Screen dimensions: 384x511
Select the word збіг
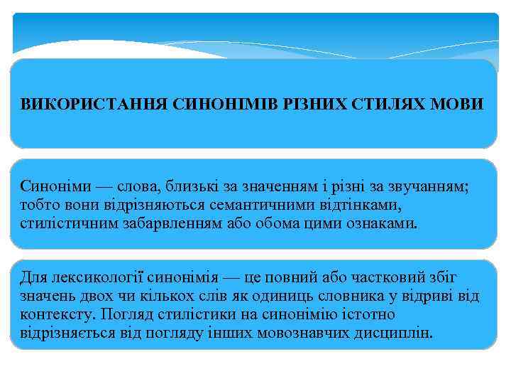(463, 277)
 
